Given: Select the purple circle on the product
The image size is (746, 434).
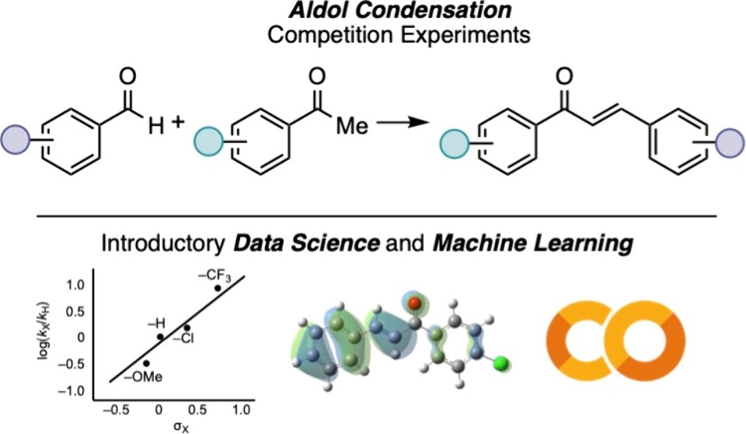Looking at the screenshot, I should [729, 144].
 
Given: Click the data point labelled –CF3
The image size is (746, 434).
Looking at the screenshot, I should [218, 289].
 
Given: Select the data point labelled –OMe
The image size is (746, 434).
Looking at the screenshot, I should [146, 363].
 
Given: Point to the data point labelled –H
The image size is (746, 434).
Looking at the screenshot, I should [160, 337].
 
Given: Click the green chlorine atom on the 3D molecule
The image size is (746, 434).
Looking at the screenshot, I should [501, 362].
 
